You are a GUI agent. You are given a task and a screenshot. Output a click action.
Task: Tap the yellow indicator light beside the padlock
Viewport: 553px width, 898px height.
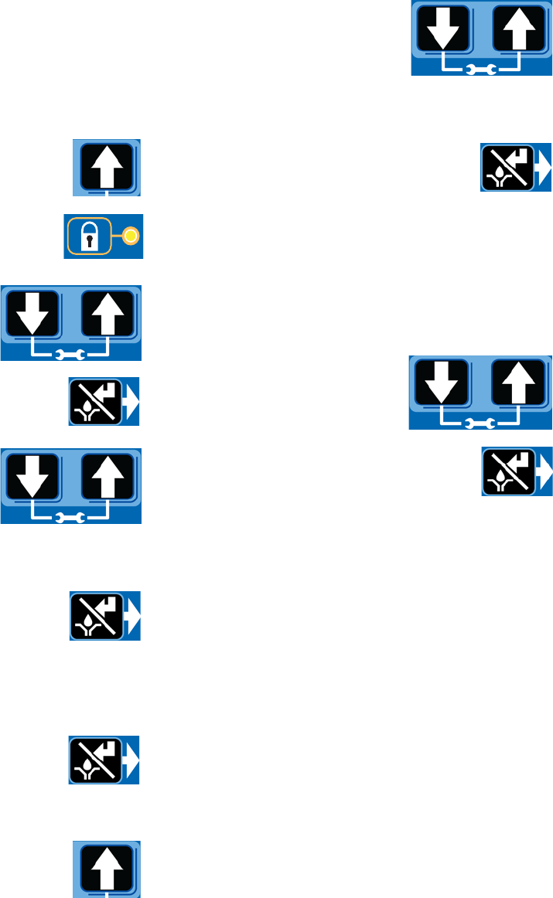coord(131,236)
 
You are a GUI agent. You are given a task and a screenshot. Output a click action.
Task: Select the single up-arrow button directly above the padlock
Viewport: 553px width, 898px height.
coord(107,166)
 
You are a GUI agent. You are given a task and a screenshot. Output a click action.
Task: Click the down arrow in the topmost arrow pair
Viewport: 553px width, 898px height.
coord(444,29)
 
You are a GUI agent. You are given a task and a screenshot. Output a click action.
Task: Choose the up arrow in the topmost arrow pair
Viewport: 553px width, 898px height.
coord(519,29)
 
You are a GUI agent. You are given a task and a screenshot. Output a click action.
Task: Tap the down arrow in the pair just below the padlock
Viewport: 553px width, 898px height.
coord(33,314)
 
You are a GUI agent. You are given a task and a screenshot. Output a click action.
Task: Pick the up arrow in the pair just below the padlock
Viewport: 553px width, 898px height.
coord(108,314)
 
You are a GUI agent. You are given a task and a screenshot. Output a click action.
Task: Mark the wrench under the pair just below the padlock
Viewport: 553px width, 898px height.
coord(70,355)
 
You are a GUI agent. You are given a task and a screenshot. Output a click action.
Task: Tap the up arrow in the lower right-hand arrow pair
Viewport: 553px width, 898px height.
coord(517,384)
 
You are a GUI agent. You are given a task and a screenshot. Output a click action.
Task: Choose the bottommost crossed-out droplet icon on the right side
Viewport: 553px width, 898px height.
coord(508,471)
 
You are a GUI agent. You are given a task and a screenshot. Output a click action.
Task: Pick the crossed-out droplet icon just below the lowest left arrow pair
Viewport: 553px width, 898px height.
coord(97,616)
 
